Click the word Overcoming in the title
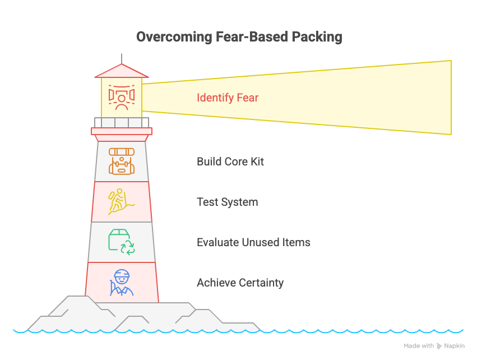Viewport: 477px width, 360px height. [174, 37]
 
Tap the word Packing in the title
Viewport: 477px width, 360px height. [317, 37]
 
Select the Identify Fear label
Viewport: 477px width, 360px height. [228, 98]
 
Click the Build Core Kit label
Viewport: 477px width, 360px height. [230, 161]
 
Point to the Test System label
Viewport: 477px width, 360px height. [227, 202]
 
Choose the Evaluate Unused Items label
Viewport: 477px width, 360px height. [253, 242]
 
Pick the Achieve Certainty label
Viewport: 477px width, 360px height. [240, 283]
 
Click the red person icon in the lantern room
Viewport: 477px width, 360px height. [122, 98]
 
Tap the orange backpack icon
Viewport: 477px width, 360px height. [122, 161]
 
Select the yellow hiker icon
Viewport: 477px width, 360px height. [121, 202]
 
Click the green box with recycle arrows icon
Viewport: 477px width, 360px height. [122, 242]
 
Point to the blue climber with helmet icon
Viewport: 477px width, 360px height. [122, 283]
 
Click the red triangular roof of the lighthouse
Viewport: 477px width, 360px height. [122, 71]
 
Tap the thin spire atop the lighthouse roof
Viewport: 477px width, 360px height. [122, 59]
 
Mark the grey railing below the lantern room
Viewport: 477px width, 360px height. [122, 123]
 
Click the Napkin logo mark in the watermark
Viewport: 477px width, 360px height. [439, 346]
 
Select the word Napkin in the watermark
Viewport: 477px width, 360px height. [454, 346]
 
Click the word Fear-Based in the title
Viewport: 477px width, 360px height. [252, 37]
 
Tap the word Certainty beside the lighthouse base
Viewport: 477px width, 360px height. [262, 283]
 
